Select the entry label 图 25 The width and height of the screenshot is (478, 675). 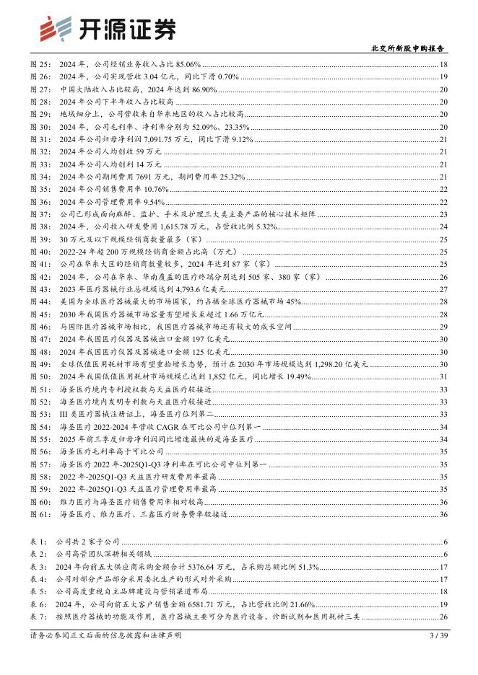click(40, 66)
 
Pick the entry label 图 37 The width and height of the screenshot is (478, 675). click(40, 214)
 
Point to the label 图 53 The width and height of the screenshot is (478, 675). click(40, 414)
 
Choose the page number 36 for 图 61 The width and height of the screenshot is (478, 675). click(443, 514)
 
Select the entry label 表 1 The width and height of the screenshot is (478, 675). click(40, 541)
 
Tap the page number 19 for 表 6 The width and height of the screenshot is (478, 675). click(443, 604)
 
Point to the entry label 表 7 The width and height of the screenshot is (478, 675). click(40, 617)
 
